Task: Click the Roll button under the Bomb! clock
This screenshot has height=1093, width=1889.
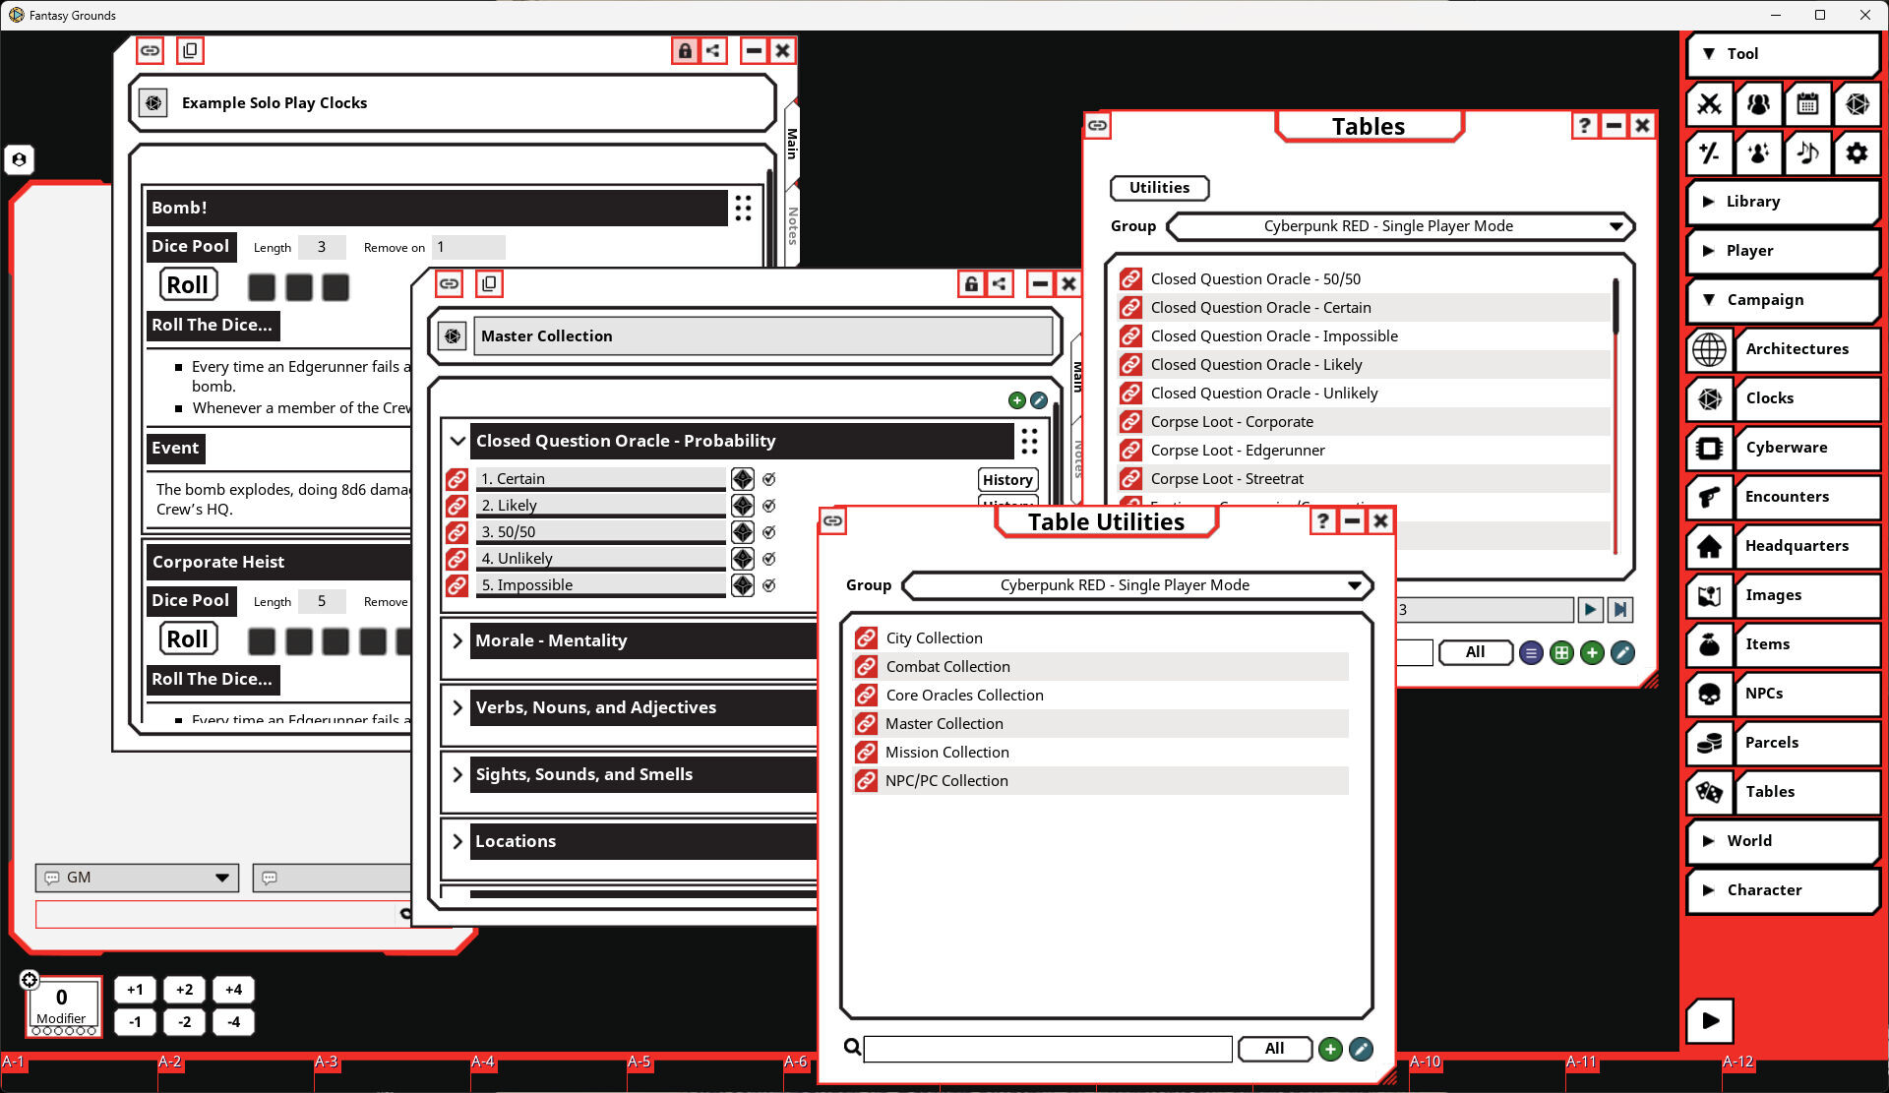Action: (x=187, y=285)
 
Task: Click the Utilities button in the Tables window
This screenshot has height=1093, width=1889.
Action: (x=1159, y=188)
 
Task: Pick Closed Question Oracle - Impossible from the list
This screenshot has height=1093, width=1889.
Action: (x=1274, y=336)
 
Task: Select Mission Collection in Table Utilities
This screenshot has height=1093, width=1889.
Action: (x=946, y=753)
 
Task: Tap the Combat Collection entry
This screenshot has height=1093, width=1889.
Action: (x=947, y=667)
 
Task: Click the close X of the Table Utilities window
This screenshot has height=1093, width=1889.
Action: (x=1380, y=521)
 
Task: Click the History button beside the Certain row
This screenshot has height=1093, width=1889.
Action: (x=1007, y=480)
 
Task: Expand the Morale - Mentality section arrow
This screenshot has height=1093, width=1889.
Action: (x=457, y=641)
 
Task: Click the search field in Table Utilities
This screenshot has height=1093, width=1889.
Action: (x=1048, y=1049)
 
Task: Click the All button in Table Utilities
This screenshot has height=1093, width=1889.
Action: (x=1274, y=1049)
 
